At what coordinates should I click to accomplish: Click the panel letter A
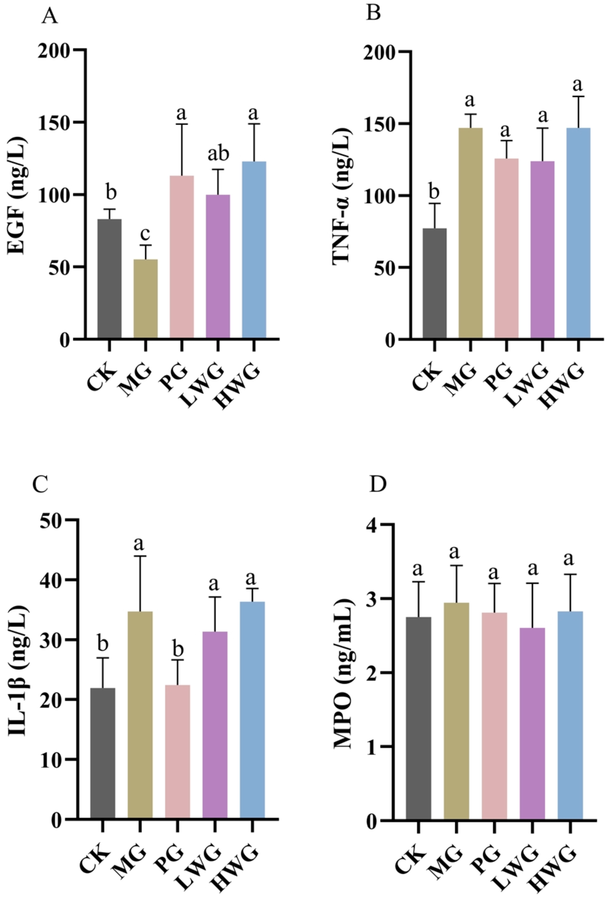[49, 16]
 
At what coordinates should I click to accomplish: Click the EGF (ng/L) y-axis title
[16, 195]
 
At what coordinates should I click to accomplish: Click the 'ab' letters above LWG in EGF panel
[219, 154]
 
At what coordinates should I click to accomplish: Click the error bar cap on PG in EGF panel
[182, 124]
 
